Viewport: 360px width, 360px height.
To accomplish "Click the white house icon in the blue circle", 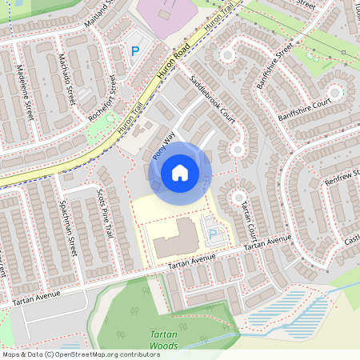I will tap(180, 172).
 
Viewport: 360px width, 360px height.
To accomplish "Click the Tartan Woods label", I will tap(165, 342).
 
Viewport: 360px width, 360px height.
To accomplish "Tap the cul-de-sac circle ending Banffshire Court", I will tap(334, 93).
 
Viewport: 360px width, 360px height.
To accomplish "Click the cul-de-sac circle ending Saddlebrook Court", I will tap(238, 148).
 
